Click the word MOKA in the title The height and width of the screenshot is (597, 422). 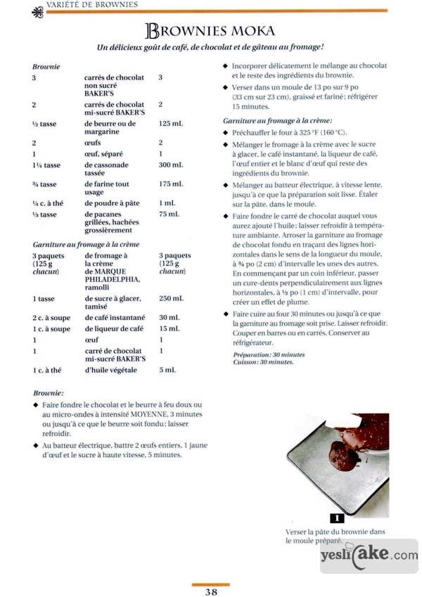[250, 32]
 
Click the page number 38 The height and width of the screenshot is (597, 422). [211, 591]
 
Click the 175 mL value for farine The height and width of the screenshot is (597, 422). [170, 184]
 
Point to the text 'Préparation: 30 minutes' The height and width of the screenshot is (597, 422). [268, 355]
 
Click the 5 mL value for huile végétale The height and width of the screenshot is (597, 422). [166, 370]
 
